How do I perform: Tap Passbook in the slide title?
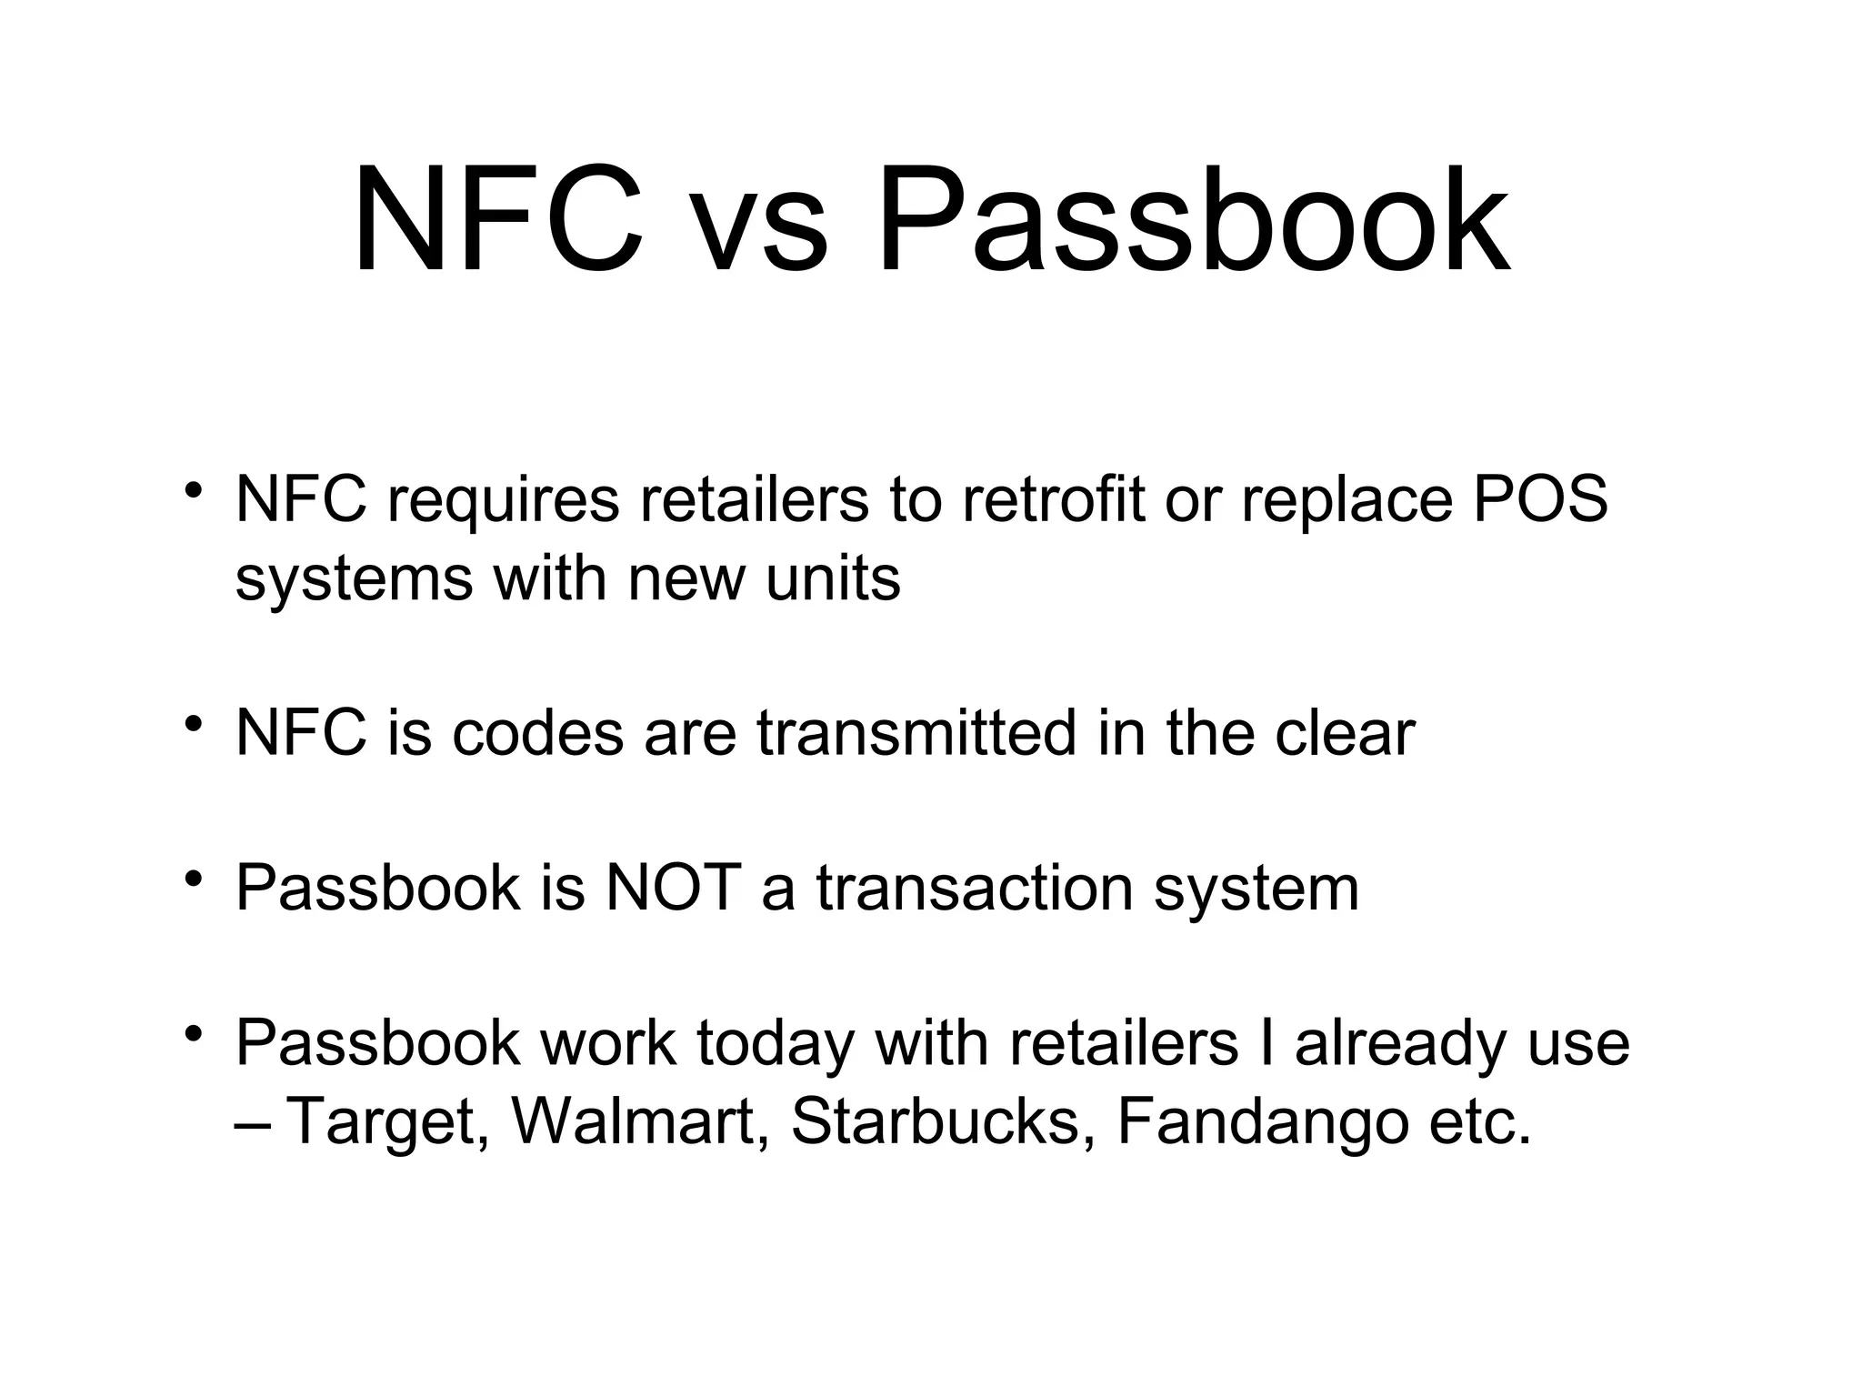(1192, 223)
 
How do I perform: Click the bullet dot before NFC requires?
(192, 491)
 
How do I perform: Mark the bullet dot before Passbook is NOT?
(192, 880)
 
